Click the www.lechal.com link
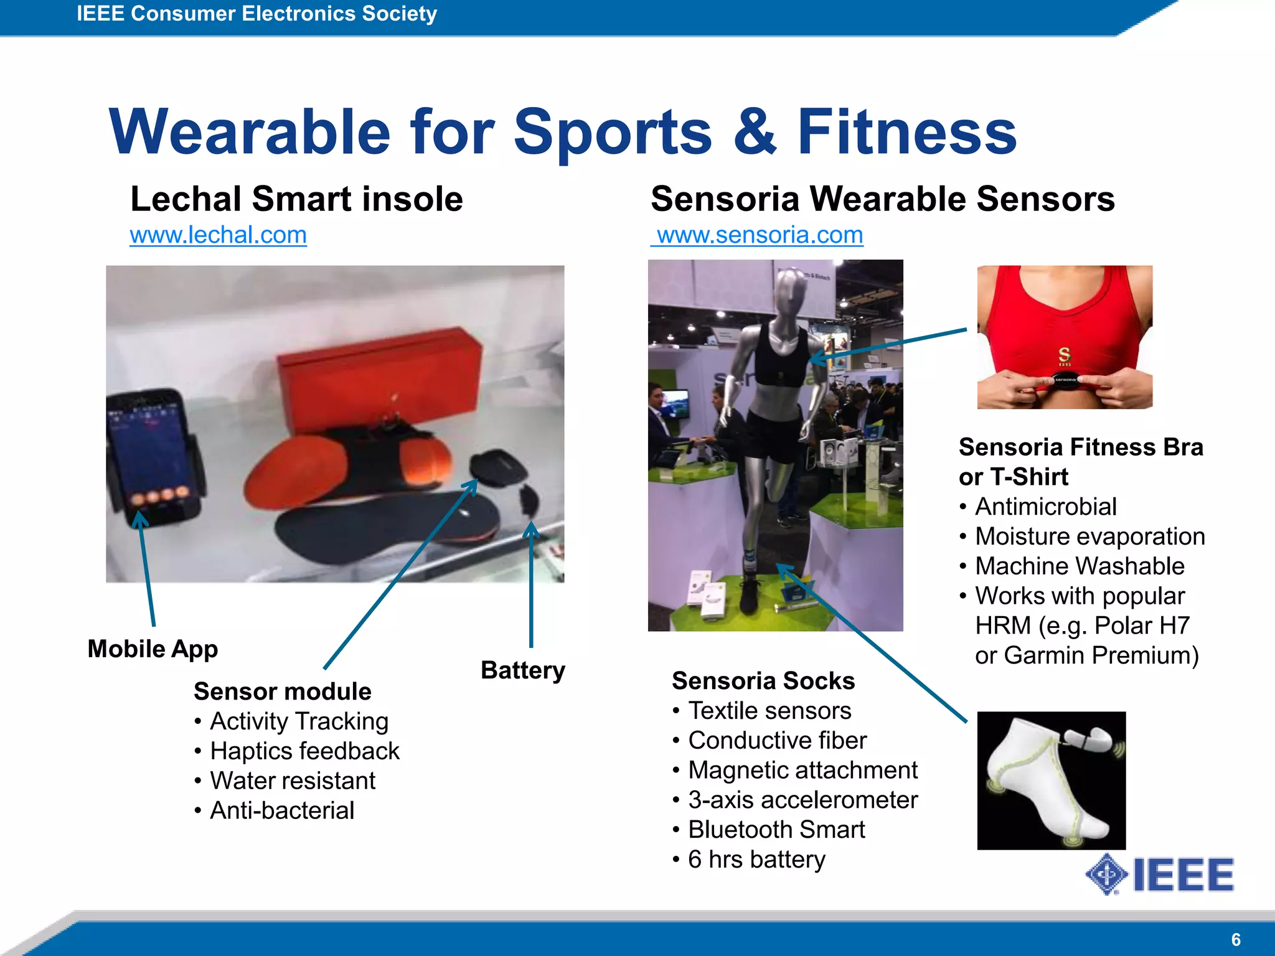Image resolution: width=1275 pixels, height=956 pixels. pyautogui.click(x=218, y=235)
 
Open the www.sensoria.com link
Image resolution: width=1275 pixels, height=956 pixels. pyautogui.click(x=760, y=235)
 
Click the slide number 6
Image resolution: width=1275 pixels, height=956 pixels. pyautogui.click(x=1236, y=939)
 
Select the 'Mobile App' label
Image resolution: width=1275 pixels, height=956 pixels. pyautogui.click(x=153, y=649)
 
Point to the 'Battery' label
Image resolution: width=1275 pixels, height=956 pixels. pyautogui.click(x=523, y=670)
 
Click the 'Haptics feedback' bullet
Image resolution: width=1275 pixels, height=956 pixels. pyautogui.click(x=304, y=751)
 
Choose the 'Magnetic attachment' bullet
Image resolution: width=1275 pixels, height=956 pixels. pyautogui.click(x=802, y=771)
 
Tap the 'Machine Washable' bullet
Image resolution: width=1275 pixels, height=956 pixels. pyautogui.click(x=1080, y=566)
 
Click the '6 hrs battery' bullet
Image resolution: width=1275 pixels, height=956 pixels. pyautogui.click(x=756, y=860)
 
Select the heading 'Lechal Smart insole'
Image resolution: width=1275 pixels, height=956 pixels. pyautogui.click(x=296, y=199)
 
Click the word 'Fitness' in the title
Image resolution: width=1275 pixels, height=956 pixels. pyautogui.click(x=906, y=132)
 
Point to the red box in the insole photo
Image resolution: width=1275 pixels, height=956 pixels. pyautogui.click(x=380, y=380)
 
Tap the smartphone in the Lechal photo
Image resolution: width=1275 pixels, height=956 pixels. pyautogui.click(x=153, y=454)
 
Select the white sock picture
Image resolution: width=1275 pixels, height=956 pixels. pyautogui.click(x=1052, y=780)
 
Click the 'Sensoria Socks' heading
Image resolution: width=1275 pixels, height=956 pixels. pyautogui.click(x=763, y=681)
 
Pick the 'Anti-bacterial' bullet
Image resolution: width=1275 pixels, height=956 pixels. pyautogui.click(x=282, y=811)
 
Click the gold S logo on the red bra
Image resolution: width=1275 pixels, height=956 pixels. pyautogui.click(x=1065, y=355)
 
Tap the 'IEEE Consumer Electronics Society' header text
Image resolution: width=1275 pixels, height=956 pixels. pyautogui.click(x=256, y=14)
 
